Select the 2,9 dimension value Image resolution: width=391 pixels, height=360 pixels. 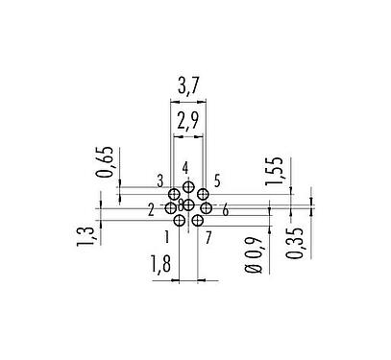click(x=188, y=120)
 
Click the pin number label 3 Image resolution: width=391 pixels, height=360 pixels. click(x=160, y=180)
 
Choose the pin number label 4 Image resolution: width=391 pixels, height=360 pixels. click(x=186, y=170)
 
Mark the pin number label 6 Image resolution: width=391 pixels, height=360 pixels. click(x=225, y=210)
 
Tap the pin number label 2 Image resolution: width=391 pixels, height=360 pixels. click(x=151, y=209)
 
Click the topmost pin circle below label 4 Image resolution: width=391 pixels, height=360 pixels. click(x=188, y=186)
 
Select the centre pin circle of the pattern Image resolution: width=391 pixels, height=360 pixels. click(x=188, y=204)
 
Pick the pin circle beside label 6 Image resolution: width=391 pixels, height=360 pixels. click(x=206, y=208)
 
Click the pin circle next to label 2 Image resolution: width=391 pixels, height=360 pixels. click(x=171, y=207)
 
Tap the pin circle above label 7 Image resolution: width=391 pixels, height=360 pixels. click(x=197, y=220)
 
